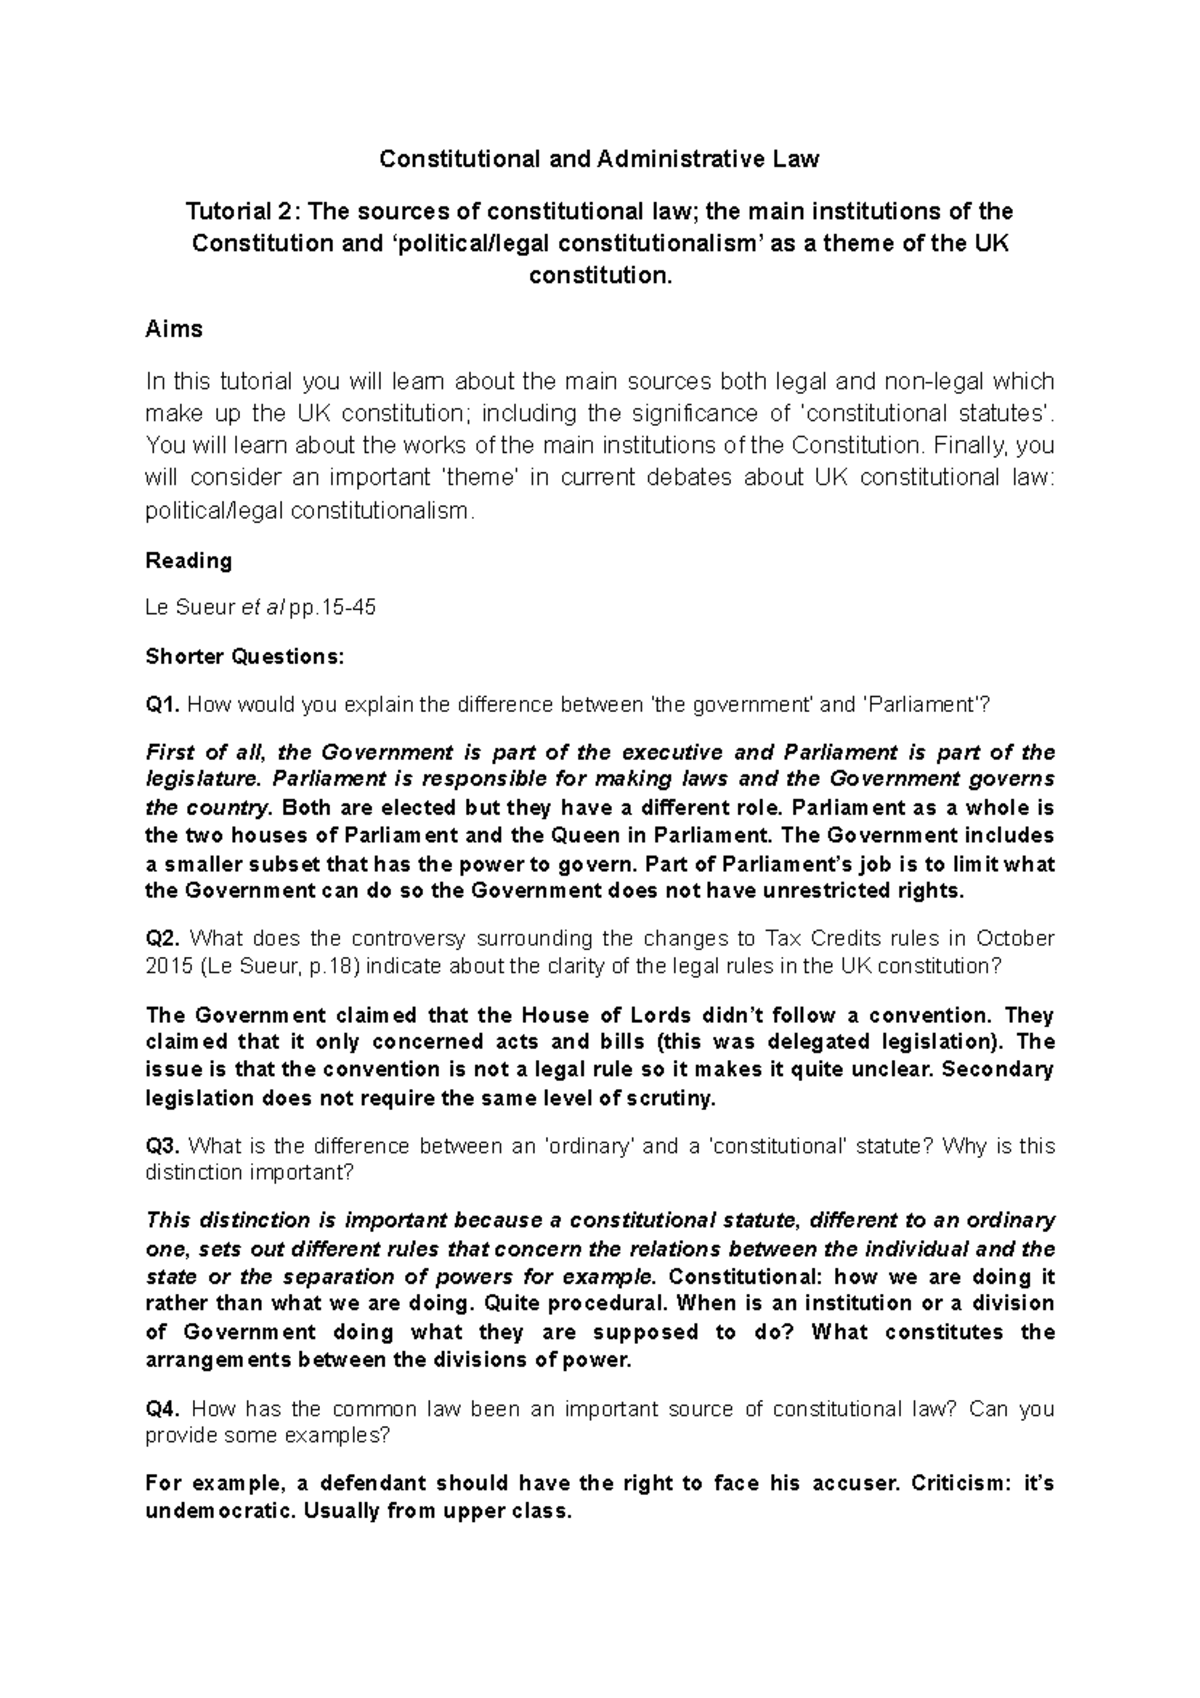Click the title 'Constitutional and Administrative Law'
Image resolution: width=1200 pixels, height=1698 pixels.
pos(599,158)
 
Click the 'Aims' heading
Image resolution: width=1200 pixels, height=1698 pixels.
pos(174,329)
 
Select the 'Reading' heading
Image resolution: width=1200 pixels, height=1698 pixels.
pos(188,560)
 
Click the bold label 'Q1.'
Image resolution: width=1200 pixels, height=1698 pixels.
pos(163,705)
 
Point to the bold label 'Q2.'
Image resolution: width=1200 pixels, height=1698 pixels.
pos(164,939)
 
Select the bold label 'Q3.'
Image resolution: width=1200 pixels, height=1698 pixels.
pos(164,1146)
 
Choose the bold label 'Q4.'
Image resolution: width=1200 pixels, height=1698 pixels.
pos(164,1410)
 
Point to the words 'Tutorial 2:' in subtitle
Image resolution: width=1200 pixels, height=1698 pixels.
pos(243,211)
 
